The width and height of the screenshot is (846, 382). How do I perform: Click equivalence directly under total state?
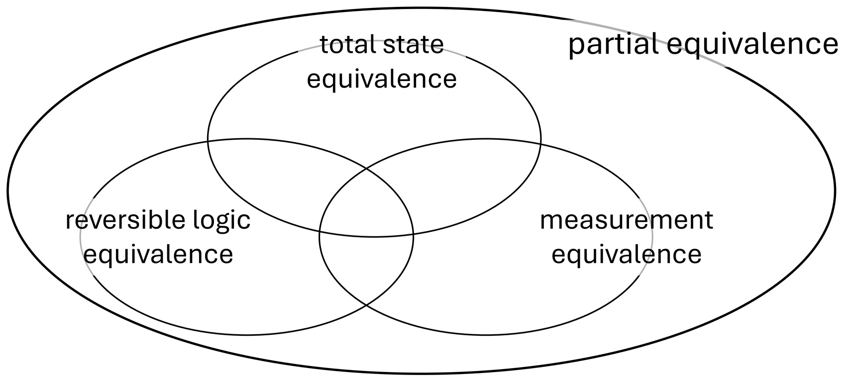[382, 79]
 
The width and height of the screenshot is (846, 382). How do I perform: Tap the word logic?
[223, 220]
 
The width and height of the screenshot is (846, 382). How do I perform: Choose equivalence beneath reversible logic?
[158, 254]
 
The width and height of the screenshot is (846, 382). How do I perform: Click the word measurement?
[627, 220]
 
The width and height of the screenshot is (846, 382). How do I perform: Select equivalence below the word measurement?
[627, 254]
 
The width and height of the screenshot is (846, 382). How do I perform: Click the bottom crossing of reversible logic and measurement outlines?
[367, 304]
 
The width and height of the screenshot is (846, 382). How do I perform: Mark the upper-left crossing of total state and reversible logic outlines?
[208, 142]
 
